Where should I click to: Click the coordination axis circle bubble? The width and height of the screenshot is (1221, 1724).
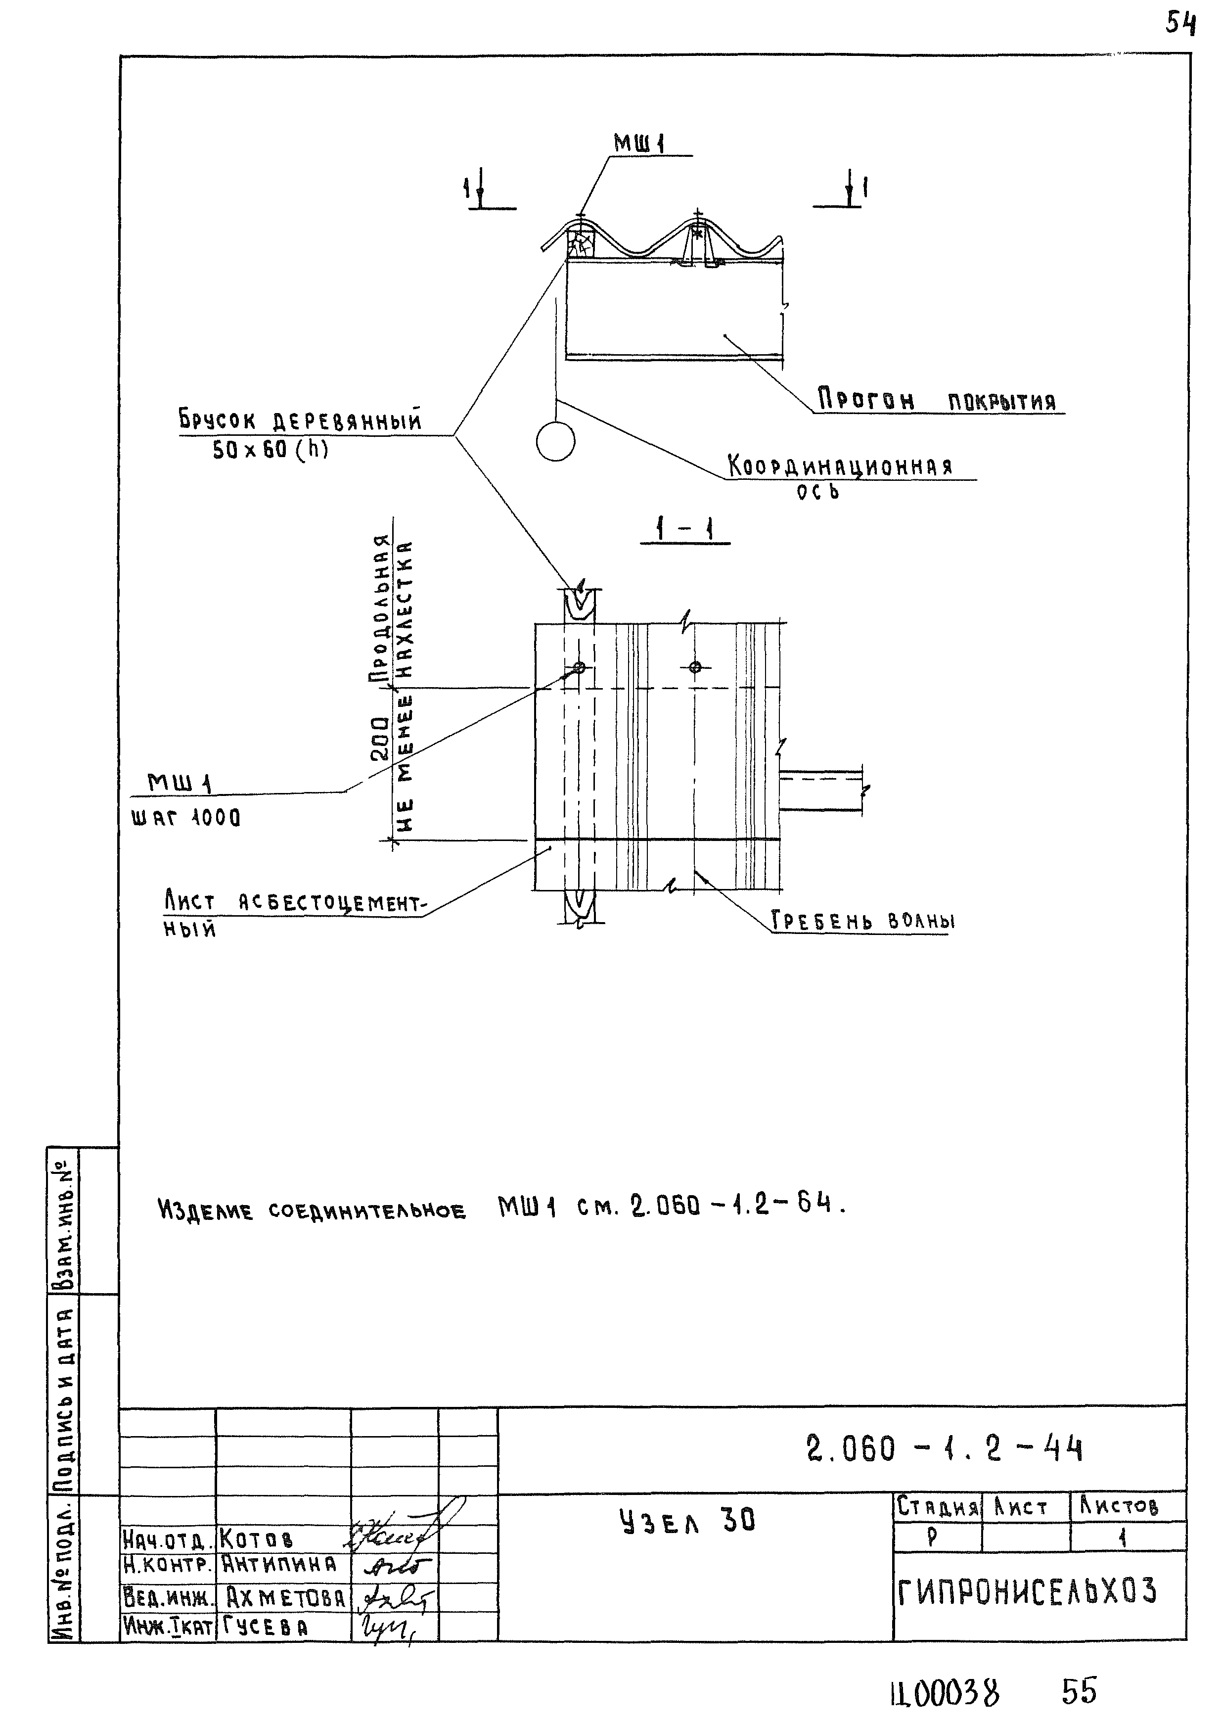pos(556,442)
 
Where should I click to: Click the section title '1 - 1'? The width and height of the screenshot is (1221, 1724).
pos(684,531)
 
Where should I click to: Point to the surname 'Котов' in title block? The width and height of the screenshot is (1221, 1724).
pos(256,1539)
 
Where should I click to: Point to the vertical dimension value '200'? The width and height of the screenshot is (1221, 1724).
pos(381,739)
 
